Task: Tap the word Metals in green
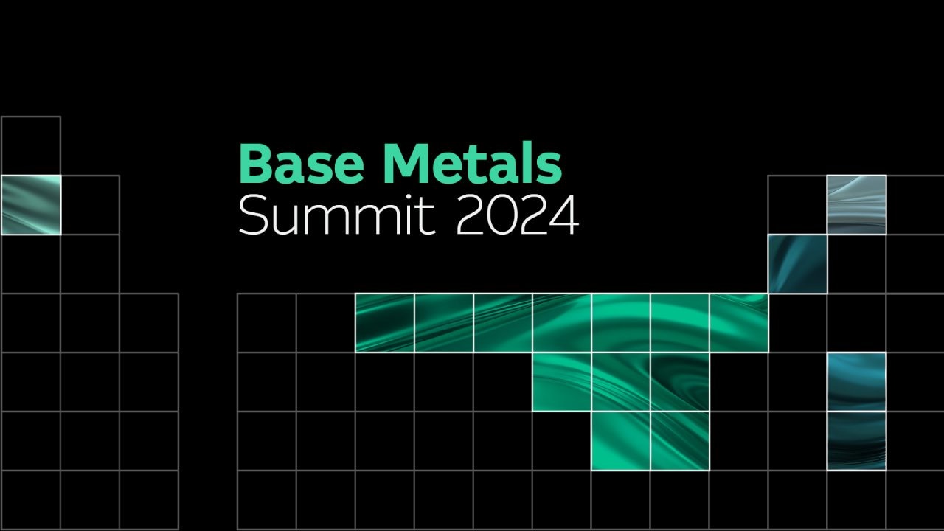(473, 163)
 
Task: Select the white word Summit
(337, 215)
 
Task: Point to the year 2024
(518, 215)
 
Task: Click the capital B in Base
(255, 164)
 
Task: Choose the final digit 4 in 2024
(564, 215)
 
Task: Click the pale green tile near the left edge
(31, 205)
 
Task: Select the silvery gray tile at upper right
(857, 205)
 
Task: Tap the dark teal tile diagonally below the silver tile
(798, 264)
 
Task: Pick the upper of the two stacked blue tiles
(857, 382)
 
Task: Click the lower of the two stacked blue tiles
(857, 441)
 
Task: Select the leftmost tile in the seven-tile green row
(385, 323)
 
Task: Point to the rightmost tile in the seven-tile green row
(739, 323)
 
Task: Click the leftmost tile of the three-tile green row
(562, 382)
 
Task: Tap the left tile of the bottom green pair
(621, 441)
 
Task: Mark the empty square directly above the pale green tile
(31, 146)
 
